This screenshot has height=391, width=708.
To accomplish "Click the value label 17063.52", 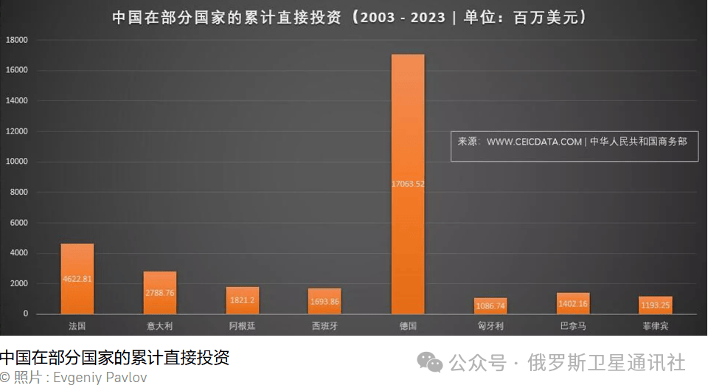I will click(x=408, y=184).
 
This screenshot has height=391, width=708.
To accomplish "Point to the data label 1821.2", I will click(x=243, y=300).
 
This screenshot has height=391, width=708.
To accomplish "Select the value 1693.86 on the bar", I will click(x=324, y=302).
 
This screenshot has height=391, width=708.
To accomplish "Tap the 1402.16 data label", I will click(x=573, y=304).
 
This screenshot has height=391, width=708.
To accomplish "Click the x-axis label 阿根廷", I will click(x=243, y=325).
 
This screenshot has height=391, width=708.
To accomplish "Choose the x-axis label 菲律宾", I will click(x=655, y=325).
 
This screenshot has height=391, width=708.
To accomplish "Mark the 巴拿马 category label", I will click(x=573, y=325).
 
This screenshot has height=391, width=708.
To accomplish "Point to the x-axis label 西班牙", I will click(x=324, y=325).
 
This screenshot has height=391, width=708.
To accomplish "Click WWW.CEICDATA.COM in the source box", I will click(x=534, y=142).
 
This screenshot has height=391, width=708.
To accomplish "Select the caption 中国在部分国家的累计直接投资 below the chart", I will click(x=115, y=359).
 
